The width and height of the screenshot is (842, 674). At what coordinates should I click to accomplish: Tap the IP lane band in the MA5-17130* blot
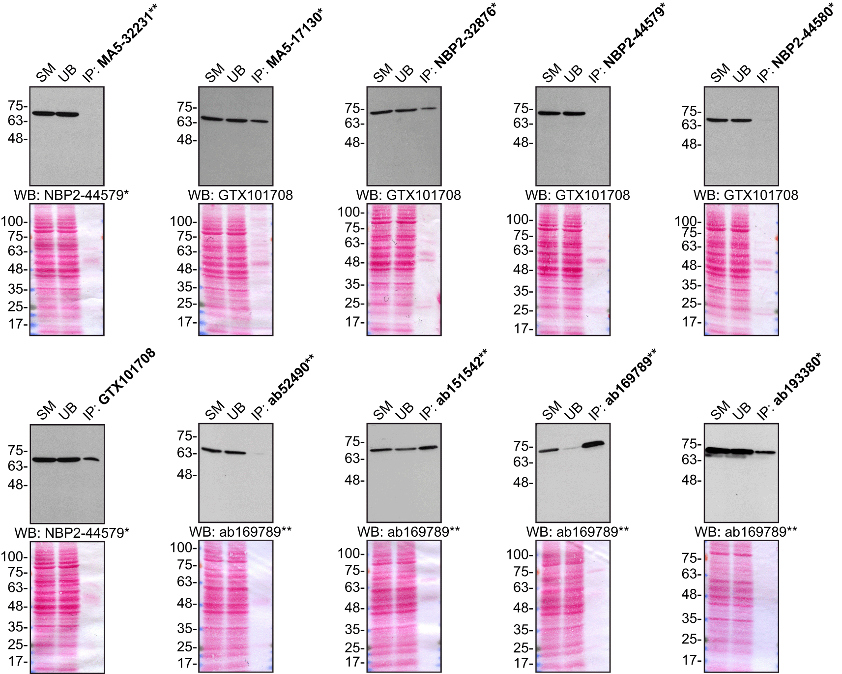(260, 121)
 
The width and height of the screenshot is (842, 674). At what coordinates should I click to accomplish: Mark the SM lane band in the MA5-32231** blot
(43, 114)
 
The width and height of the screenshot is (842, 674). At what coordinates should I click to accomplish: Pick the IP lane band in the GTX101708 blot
(90, 460)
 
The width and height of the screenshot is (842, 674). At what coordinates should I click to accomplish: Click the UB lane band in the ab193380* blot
(741, 451)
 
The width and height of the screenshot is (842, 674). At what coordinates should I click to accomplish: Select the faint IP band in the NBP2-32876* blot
(428, 109)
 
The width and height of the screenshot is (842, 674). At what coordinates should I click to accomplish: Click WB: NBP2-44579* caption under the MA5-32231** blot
(71, 195)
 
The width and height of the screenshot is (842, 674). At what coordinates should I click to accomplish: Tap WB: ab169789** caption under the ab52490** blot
(240, 532)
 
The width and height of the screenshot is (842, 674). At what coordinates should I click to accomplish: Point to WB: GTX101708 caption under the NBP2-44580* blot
(746, 195)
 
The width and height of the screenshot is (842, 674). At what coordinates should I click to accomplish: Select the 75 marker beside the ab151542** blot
(354, 442)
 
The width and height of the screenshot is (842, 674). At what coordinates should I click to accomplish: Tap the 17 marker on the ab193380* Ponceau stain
(692, 660)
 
